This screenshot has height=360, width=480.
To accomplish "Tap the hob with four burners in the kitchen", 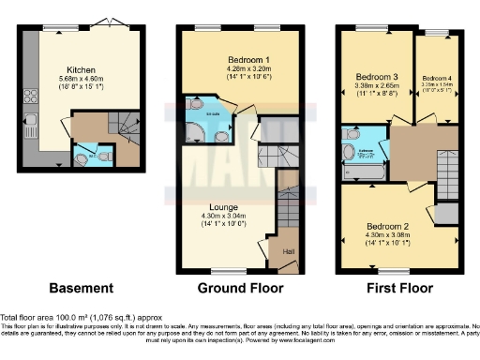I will click(x=30, y=95).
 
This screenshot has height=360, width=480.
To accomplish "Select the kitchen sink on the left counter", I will click(x=30, y=120).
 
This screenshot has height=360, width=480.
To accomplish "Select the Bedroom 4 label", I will click(x=437, y=78).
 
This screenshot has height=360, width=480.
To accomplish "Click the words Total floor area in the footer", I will click(x=28, y=318).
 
